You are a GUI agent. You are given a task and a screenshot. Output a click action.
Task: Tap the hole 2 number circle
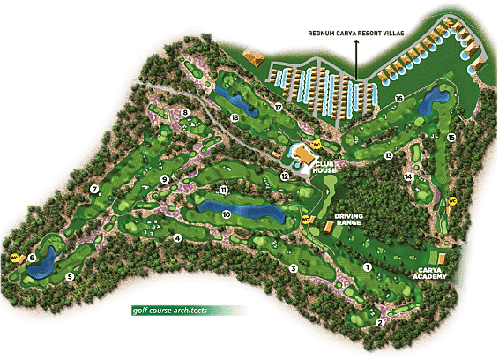(380, 322)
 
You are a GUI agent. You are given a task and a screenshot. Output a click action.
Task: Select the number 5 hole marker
(70, 276)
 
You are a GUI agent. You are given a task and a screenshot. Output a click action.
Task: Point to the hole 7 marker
(93, 189)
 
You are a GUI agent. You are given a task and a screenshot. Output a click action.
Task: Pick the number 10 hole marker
(227, 214)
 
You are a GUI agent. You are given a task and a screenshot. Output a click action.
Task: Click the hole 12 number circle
(285, 176)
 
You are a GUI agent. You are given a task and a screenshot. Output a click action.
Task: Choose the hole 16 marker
(399, 98)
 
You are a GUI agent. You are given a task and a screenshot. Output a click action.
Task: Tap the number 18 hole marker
(235, 117)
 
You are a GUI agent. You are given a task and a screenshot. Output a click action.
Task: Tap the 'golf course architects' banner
(185, 311)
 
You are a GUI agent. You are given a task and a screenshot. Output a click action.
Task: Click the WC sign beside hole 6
(14, 258)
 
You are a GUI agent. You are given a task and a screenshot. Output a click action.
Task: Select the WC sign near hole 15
(452, 200)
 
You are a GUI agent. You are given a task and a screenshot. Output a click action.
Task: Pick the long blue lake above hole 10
(238, 206)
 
